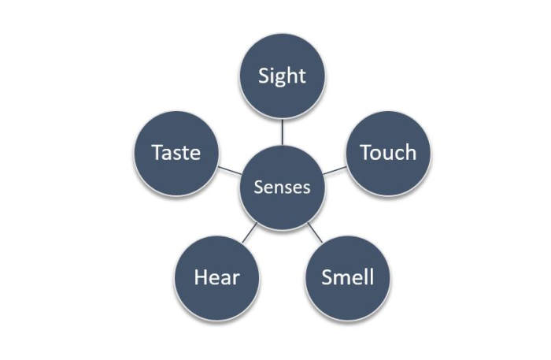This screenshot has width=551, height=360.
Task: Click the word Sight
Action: (282, 76)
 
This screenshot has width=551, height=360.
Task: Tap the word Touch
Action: (387, 152)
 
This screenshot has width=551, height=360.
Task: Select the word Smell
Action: (347, 277)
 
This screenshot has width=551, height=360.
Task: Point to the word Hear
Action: (216, 277)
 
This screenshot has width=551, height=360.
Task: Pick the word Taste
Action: (176, 152)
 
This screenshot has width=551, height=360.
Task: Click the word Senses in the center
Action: (282, 188)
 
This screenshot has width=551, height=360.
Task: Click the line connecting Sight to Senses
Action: (282, 132)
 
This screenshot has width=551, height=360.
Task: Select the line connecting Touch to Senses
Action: (335, 171)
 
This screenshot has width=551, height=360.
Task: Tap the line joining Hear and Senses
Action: (249, 232)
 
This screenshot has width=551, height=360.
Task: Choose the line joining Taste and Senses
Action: (229, 171)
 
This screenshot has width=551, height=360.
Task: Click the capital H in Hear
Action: (201, 277)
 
